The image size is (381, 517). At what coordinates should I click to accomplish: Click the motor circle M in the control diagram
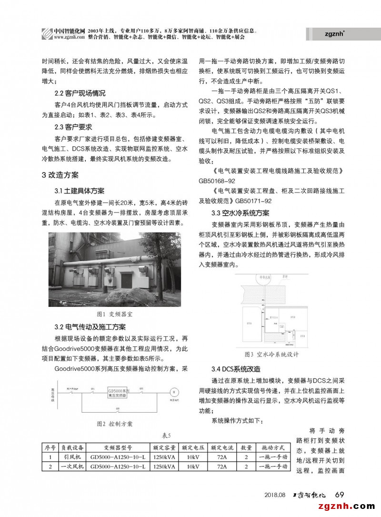click(174, 391)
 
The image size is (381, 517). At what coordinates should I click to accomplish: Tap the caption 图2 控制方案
click(114, 424)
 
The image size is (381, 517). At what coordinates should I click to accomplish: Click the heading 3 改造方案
click(60, 175)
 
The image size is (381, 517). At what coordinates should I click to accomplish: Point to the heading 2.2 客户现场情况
click(80, 93)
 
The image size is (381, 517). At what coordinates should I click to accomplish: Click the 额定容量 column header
click(164, 448)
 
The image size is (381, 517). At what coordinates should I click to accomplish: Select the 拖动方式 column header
click(273, 448)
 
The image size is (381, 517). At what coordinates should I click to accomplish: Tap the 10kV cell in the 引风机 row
click(194, 457)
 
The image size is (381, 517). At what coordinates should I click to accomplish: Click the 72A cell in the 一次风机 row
click(222, 466)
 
